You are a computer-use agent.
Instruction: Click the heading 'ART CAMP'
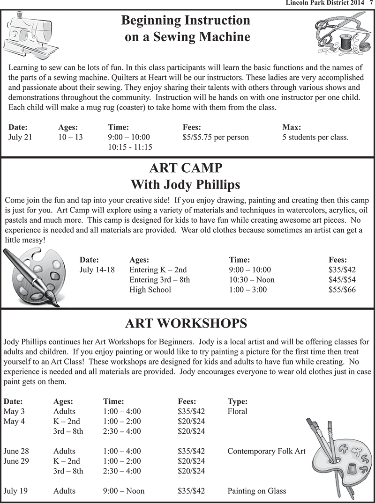(x=186, y=168)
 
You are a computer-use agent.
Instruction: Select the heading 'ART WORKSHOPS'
(x=186, y=323)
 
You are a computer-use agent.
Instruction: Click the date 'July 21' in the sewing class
(x=20, y=137)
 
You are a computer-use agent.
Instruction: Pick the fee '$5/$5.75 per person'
(x=216, y=137)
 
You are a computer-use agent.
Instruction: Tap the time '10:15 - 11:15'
(x=130, y=147)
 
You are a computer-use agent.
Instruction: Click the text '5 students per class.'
(x=315, y=137)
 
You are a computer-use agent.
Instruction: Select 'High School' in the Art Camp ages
(x=150, y=290)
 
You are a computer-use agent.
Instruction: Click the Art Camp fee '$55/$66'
(x=342, y=290)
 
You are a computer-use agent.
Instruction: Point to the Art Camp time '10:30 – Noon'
(x=252, y=280)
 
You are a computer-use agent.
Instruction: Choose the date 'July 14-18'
(x=97, y=270)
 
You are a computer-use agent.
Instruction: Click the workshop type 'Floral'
(x=237, y=411)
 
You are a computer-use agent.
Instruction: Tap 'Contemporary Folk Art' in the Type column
(x=266, y=451)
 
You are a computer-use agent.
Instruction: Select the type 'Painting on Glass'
(x=256, y=491)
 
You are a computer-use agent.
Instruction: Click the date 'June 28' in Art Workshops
(x=16, y=451)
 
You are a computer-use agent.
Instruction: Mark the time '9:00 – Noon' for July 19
(x=124, y=491)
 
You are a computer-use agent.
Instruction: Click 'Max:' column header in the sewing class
(x=292, y=127)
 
